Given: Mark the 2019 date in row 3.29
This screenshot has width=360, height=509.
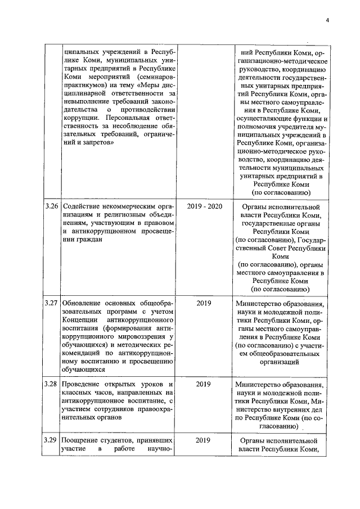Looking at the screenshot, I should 204,440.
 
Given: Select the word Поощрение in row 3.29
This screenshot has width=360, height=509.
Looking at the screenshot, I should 82,440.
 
